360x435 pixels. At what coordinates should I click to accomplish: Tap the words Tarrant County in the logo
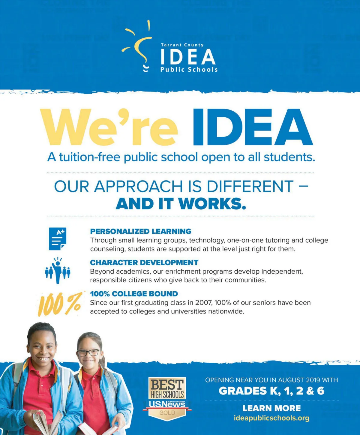pyautogui.click(x=182, y=45)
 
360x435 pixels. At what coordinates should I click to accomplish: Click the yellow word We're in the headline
pyautogui.click(x=109, y=127)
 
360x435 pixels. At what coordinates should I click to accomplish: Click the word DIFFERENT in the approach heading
pyautogui.click(x=250, y=186)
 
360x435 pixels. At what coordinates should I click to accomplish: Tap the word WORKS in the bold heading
pyautogui.click(x=212, y=204)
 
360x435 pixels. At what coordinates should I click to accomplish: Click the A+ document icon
pyautogui.click(x=57, y=239)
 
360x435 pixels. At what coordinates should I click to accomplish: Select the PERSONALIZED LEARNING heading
pyautogui.click(x=141, y=231)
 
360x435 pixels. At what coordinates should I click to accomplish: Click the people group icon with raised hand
pyautogui.click(x=57, y=271)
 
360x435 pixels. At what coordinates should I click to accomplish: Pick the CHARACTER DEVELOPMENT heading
pyautogui.click(x=144, y=262)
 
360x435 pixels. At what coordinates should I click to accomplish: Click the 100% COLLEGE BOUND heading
pyautogui.click(x=134, y=294)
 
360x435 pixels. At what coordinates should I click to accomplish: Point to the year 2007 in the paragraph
pyautogui.click(x=203, y=303)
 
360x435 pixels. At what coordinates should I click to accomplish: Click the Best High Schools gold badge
pyautogui.click(x=167, y=397)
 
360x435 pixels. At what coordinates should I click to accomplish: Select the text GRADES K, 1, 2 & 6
pyautogui.click(x=271, y=391)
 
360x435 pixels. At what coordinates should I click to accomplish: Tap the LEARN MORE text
pyautogui.click(x=271, y=408)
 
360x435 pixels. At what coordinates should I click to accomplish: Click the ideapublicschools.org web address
pyautogui.click(x=271, y=418)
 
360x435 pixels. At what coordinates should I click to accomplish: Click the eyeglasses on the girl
pyautogui.click(x=88, y=352)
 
